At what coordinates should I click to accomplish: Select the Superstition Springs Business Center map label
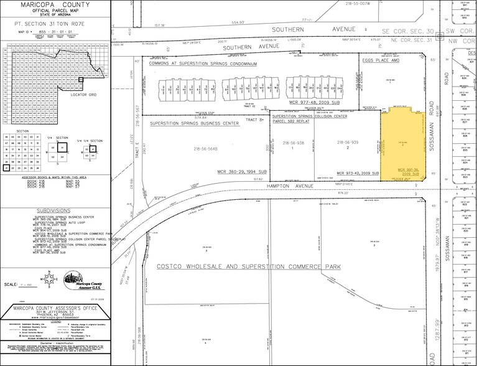(x=195, y=123)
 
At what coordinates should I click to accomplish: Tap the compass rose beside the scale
(x=47, y=279)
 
